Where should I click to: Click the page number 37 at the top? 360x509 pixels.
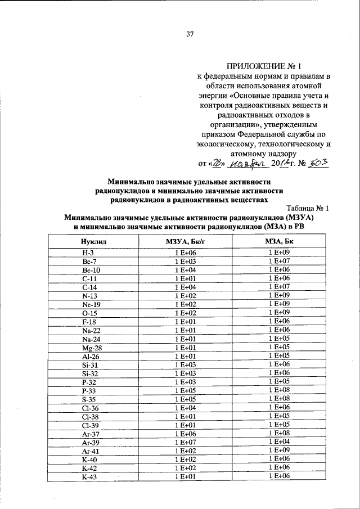pyautogui.click(x=190, y=34)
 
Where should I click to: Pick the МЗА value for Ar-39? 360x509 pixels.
pyautogui.click(x=278, y=442)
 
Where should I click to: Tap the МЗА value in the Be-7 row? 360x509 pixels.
pyautogui.click(x=278, y=261)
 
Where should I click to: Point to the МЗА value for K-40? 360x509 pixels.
pyautogui.click(x=278, y=460)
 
